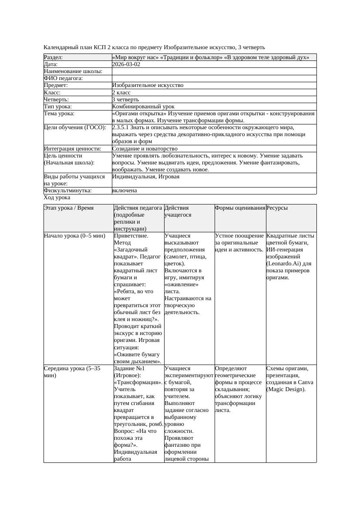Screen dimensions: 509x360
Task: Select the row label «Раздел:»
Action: click(x=54, y=57)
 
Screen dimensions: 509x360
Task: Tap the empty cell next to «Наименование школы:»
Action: click(x=214, y=71)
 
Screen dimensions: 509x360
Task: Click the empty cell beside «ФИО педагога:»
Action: click(x=214, y=78)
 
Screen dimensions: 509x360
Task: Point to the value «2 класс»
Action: click(x=121, y=92)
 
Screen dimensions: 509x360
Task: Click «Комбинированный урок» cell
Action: click(x=143, y=106)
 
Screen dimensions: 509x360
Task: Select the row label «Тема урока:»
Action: click(x=59, y=114)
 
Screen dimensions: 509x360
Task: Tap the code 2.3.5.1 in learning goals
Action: click(x=123, y=127)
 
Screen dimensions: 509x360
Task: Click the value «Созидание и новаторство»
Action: click(x=145, y=148)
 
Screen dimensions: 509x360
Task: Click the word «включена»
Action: click(x=124, y=191)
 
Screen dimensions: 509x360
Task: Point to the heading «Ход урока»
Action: click(x=57, y=198)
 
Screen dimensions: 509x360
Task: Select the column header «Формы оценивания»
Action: click(x=240, y=208)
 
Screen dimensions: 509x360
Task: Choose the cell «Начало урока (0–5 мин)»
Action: click(x=74, y=236)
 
